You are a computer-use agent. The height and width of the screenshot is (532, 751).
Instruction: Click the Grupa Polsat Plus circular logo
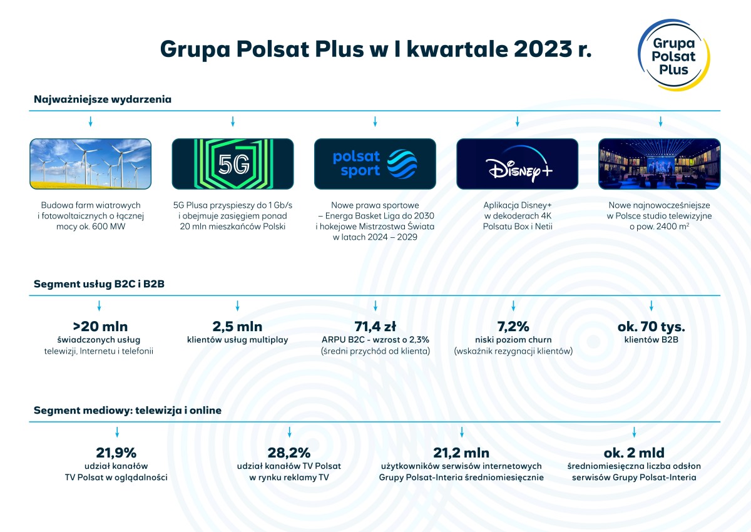pos(674,55)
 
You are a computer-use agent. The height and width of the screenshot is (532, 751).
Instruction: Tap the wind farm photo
pos(91,164)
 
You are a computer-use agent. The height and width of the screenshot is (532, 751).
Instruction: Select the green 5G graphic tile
pos(233,164)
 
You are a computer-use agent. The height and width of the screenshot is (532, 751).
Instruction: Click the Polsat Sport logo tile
pos(375,164)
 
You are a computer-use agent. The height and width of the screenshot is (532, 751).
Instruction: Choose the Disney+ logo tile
pos(518,164)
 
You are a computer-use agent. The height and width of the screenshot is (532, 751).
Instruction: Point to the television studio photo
pos(660,164)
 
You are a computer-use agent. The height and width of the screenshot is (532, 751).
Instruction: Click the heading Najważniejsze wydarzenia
pos(103,100)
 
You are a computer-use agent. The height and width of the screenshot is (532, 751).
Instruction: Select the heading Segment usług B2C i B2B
pos(100,284)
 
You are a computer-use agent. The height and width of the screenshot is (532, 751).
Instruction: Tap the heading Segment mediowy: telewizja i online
pos(128,411)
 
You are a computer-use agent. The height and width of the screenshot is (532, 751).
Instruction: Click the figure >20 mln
pos(100,327)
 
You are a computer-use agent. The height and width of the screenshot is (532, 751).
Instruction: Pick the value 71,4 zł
pos(375,327)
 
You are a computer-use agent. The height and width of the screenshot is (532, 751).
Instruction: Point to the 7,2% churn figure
pos(513,327)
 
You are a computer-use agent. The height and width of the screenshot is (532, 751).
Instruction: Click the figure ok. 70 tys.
pos(651,327)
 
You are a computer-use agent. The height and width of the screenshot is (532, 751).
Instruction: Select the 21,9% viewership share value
pos(116,453)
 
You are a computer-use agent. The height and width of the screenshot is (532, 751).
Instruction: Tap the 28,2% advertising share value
pos(289,453)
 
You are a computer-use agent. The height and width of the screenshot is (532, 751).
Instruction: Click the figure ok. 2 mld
pos(634,453)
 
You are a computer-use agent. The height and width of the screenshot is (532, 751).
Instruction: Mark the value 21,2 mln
pos(461,453)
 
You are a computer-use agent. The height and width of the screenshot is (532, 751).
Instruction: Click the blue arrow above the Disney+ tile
pos(518,121)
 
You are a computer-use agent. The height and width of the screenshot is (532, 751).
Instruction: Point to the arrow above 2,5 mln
pos(237,305)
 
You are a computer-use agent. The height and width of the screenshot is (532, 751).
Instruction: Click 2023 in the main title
pos(543,49)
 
